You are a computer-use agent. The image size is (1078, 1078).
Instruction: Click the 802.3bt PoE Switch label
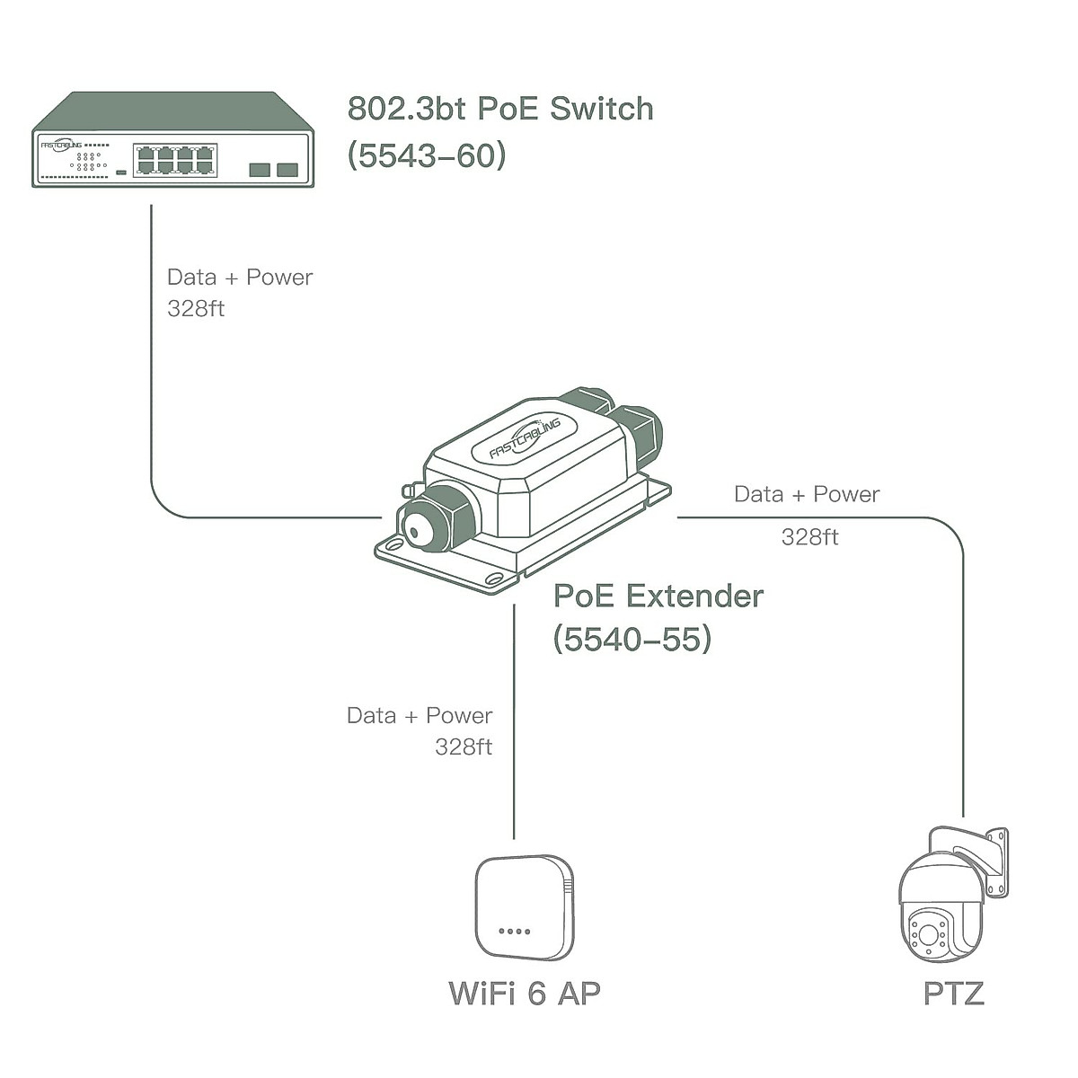click(x=500, y=109)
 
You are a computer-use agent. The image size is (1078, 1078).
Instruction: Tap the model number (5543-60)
click(x=427, y=155)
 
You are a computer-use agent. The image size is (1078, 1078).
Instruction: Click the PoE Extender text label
click(x=658, y=596)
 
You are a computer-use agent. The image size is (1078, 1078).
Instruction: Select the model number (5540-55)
click(x=632, y=639)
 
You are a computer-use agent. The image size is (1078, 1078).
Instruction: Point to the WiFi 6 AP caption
click(x=524, y=993)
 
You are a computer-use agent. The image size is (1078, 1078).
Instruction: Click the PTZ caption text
click(x=953, y=993)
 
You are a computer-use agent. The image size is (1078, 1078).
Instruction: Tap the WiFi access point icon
click(x=524, y=907)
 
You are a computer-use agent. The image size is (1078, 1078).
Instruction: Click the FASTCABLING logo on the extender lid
click(x=526, y=439)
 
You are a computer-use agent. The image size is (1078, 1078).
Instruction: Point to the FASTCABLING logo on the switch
click(x=61, y=145)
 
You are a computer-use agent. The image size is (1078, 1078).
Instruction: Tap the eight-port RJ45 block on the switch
click(x=175, y=160)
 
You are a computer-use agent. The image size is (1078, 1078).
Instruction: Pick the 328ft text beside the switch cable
click(x=196, y=308)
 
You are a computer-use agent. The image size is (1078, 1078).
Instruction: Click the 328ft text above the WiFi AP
click(x=464, y=747)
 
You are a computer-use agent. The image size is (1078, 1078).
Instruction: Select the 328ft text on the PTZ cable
click(x=809, y=537)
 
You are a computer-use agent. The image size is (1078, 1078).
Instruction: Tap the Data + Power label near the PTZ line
click(x=807, y=494)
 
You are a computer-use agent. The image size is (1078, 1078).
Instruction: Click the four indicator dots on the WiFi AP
click(x=514, y=932)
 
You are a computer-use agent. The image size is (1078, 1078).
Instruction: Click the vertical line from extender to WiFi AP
click(x=514, y=719)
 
